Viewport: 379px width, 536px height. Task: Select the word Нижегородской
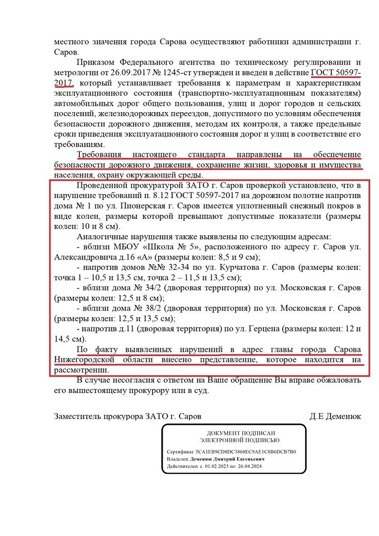coord(85,360)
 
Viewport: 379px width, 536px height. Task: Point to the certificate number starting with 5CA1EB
coord(246,452)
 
